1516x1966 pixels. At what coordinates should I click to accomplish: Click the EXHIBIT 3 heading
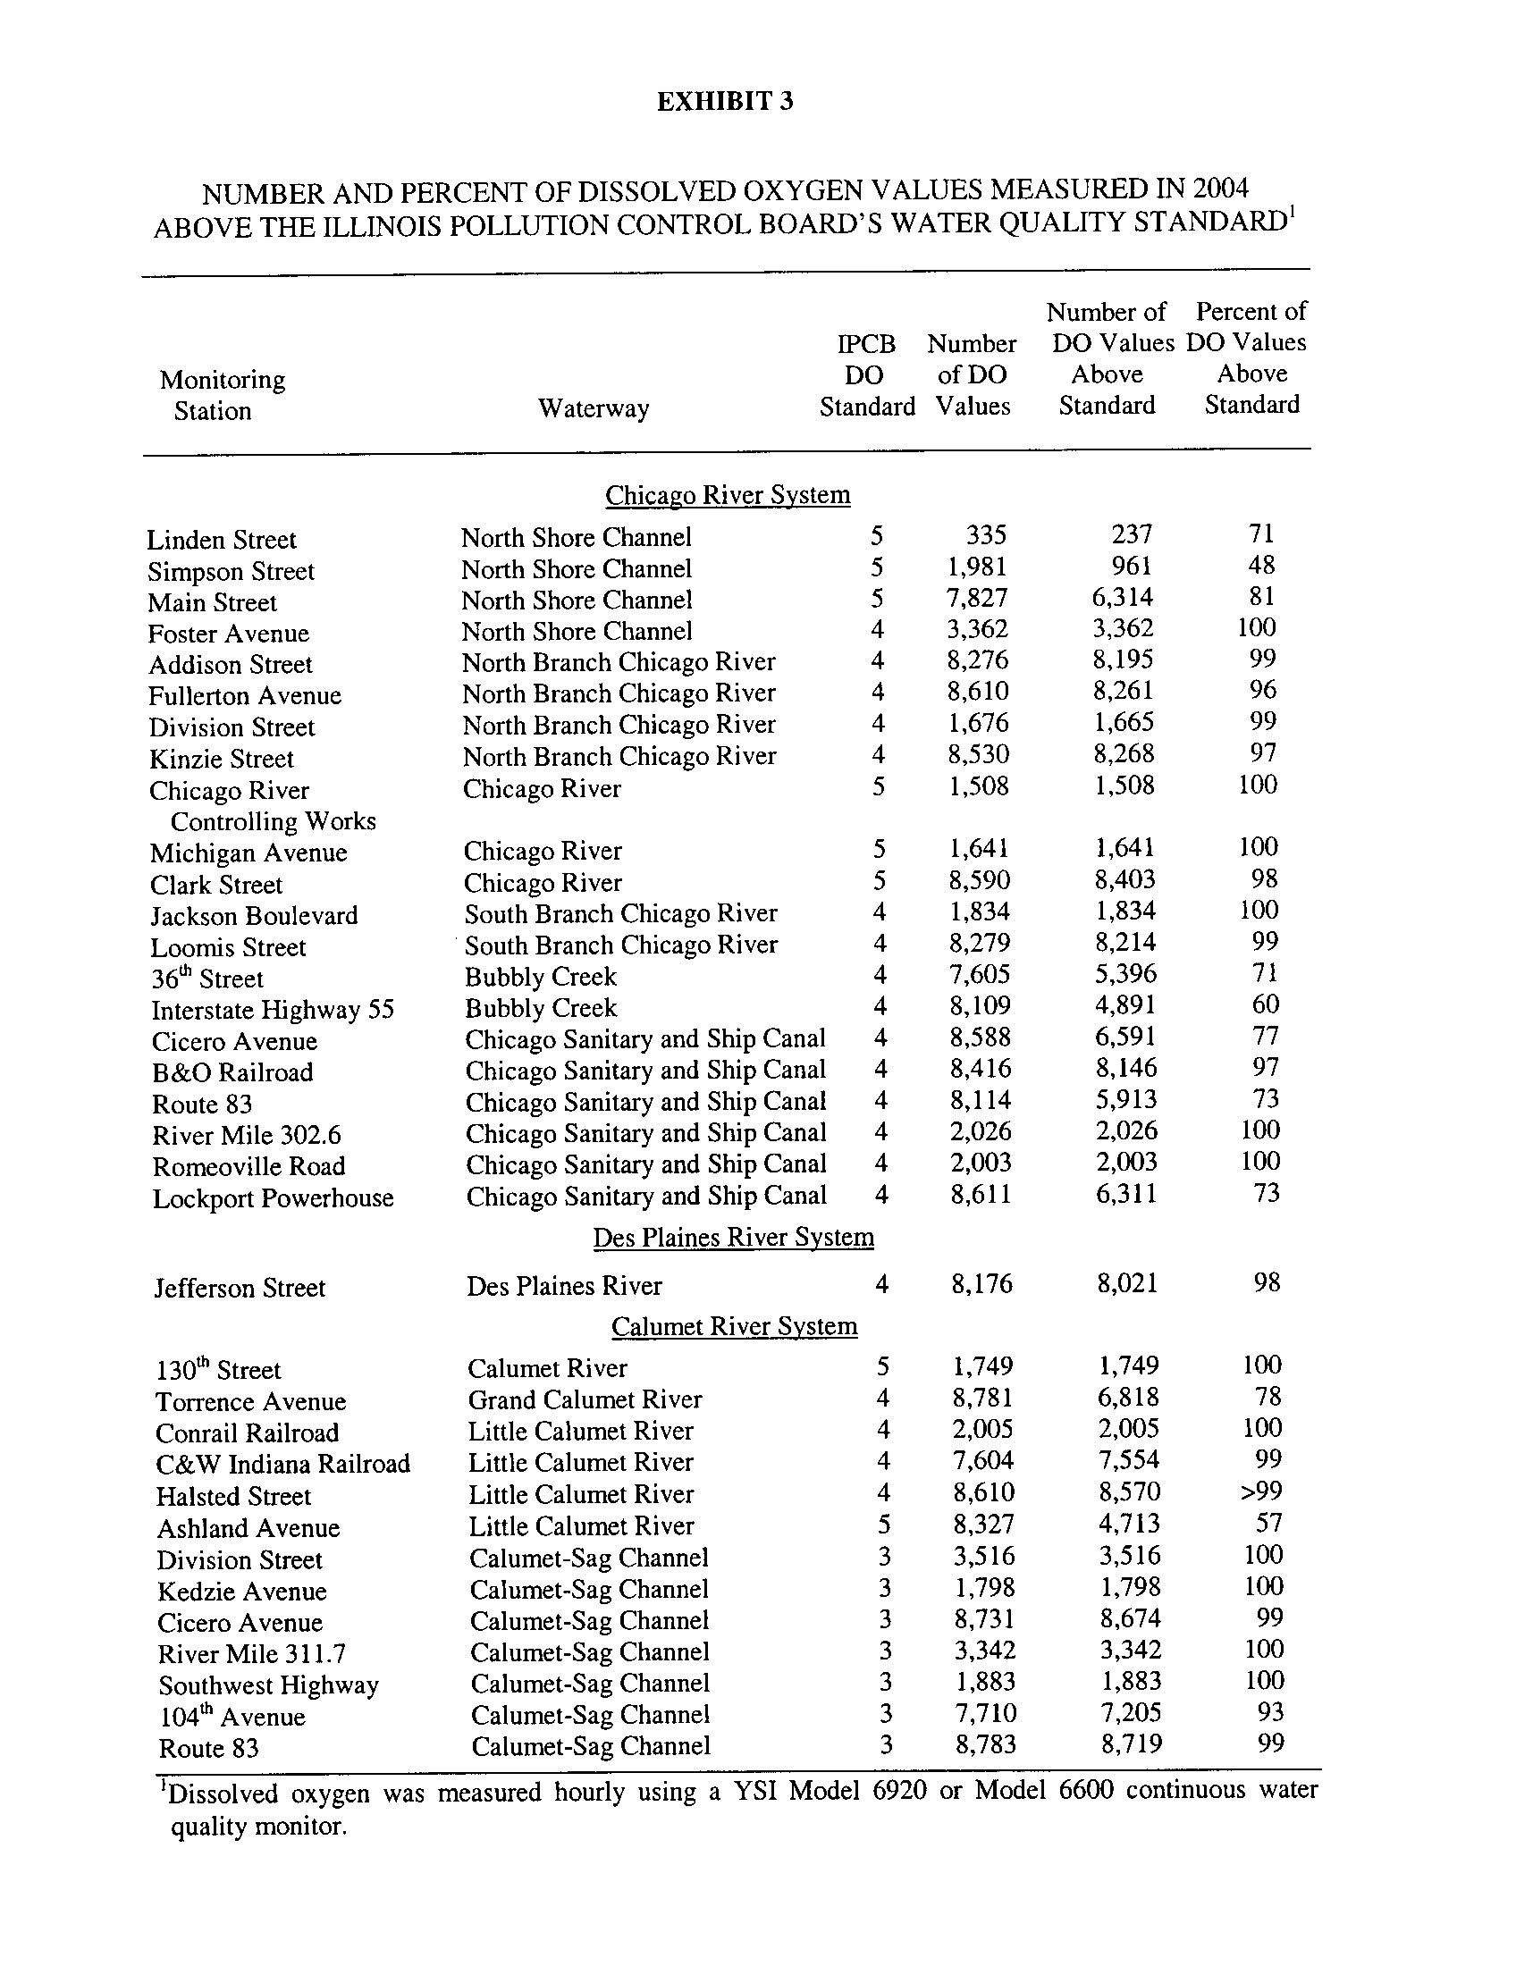tap(725, 101)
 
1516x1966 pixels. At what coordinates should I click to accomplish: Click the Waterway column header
tap(594, 408)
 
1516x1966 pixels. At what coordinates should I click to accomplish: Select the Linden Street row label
tap(222, 540)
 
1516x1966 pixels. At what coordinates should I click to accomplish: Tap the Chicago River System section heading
tap(728, 495)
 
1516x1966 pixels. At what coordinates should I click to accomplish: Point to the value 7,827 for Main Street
tap(978, 598)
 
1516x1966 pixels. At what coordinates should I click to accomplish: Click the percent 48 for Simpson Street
tap(1261, 566)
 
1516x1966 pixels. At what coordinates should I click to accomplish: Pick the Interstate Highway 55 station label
tap(273, 1010)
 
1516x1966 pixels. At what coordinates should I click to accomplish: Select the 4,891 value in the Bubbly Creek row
tap(1125, 1004)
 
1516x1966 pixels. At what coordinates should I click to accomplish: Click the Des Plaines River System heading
tap(733, 1238)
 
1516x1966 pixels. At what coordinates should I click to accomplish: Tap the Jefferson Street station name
tap(240, 1288)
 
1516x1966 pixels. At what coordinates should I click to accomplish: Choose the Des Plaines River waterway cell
tap(564, 1286)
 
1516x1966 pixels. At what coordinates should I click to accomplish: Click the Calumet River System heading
tap(734, 1327)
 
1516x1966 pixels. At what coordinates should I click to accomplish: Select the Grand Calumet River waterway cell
tap(585, 1399)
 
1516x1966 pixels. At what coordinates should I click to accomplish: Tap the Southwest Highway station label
tap(268, 1685)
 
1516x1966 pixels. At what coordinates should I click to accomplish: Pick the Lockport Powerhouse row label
tap(273, 1199)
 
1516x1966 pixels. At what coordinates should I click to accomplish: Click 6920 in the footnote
tap(899, 1791)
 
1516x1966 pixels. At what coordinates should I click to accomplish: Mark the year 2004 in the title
tap(1220, 189)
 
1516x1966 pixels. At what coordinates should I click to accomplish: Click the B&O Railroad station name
tap(232, 1073)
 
